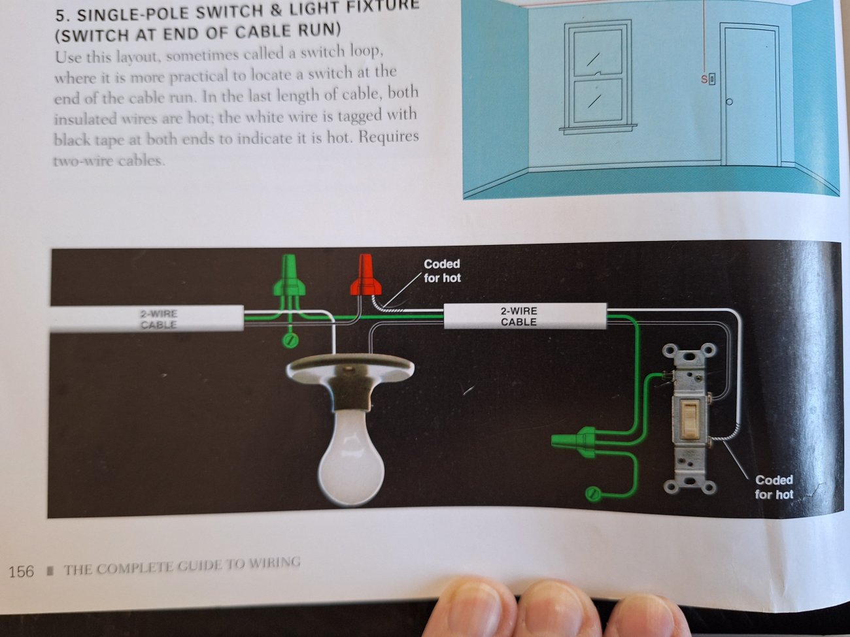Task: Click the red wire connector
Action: pyautogui.click(x=365, y=275)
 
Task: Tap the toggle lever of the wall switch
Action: pyautogui.click(x=688, y=417)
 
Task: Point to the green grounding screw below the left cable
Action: pyautogui.click(x=290, y=341)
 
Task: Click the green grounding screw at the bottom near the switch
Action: pyautogui.click(x=593, y=494)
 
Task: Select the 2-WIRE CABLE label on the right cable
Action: pyautogui.click(x=518, y=316)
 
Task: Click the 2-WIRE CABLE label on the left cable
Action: pyautogui.click(x=158, y=319)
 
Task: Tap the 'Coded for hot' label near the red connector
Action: pyautogui.click(x=442, y=270)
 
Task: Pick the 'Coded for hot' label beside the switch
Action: pyautogui.click(x=773, y=487)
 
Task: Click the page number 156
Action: pyautogui.click(x=22, y=571)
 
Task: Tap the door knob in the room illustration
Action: pyautogui.click(x=729, y=102)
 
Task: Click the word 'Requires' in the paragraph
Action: pyautogui.click(x=388, y=137)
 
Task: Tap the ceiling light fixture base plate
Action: pyautogui.click(x=350, y=367)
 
